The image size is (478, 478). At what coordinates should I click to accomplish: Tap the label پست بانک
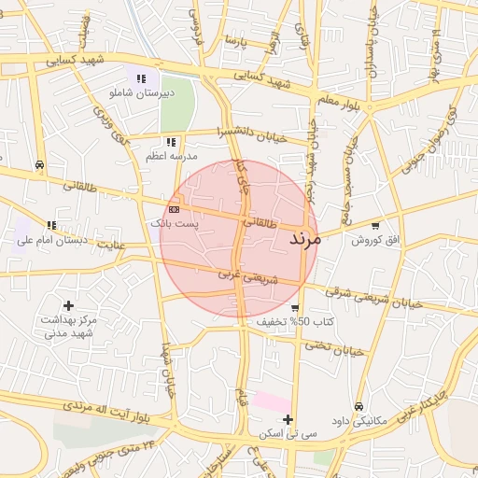(x=174, y=224)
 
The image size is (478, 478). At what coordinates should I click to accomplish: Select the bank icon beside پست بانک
(x=174, y=209)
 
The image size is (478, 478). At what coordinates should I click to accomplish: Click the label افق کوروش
(x=374, y=240)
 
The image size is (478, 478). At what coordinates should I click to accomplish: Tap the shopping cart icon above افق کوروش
(x=375, y=225)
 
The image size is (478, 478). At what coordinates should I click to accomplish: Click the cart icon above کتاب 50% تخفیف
(x=295, y=308)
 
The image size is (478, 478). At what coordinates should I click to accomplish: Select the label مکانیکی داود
(x=358, y=421)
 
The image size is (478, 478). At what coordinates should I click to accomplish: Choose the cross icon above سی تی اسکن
(x=288, y=420)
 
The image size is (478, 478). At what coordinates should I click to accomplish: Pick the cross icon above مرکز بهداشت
(x=68, y=305)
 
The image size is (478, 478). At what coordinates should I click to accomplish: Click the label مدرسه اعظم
(x=169, y=156)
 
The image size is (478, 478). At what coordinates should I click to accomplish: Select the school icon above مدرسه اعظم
(x=169, y=142)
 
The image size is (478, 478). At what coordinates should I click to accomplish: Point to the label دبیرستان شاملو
(x=142, y=93)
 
